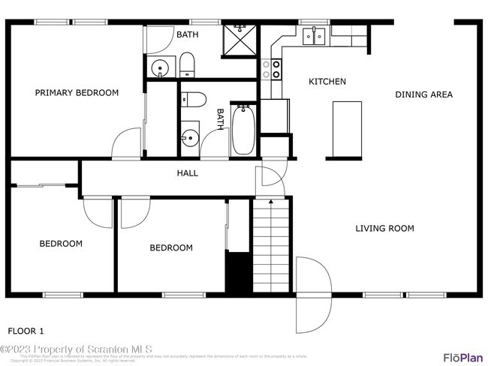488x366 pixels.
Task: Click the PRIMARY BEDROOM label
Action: pos(77,93)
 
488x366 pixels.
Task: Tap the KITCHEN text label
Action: pos(327,81)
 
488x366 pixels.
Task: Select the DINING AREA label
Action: pos(424,94)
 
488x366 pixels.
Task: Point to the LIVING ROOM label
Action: pos(384,229)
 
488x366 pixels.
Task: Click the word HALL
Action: pos(187,173)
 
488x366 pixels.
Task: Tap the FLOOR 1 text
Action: pos(26,331)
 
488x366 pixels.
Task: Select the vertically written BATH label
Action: pos(221,120)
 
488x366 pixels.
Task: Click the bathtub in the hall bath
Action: pos(242,130)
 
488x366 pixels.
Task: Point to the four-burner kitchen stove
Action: pos(272,70)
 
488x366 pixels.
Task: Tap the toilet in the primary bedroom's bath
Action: pos(186,65)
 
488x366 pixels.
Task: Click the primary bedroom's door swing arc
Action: pos(128,144)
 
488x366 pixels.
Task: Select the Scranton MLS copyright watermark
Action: pos(77,349)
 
